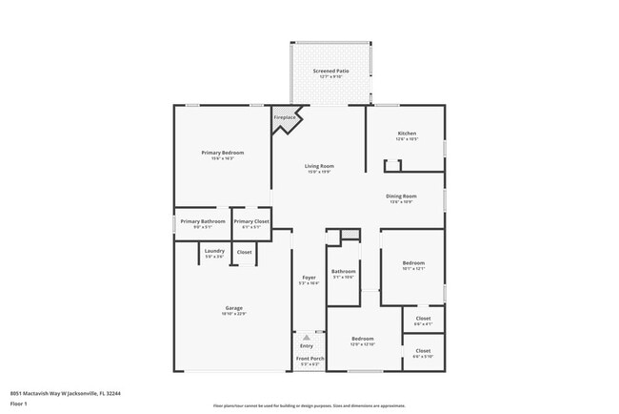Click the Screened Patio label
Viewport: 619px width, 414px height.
pos(330,72)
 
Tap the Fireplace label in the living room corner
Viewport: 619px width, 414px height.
pos(285,117)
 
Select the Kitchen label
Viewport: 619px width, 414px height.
pos(407,134)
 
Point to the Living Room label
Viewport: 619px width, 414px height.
pos(319,166)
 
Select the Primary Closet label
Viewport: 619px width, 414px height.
pos(251,221)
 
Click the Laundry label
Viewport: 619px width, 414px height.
pos(214,251)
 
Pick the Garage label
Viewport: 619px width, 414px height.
pos(234,307)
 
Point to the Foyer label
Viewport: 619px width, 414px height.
pos(309,278)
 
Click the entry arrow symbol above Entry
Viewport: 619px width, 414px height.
pos(307,337)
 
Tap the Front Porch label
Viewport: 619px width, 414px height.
pos(309,358)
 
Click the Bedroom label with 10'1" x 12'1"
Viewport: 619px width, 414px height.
pos(412,262)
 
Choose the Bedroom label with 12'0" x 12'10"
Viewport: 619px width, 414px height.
pos(362,338)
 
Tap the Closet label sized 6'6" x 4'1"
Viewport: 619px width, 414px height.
pos(423,319)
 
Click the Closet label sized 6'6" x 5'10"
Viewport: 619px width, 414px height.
pos(423,350)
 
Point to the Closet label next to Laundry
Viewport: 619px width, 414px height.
pos(244,252)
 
